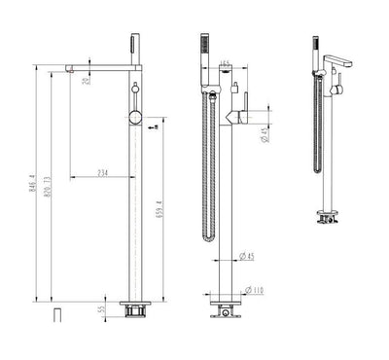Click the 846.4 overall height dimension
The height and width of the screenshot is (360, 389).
point(32,184)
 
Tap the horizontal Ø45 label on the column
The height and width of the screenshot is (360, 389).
point(248,257)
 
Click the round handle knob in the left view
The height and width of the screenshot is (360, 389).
point(137,119)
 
